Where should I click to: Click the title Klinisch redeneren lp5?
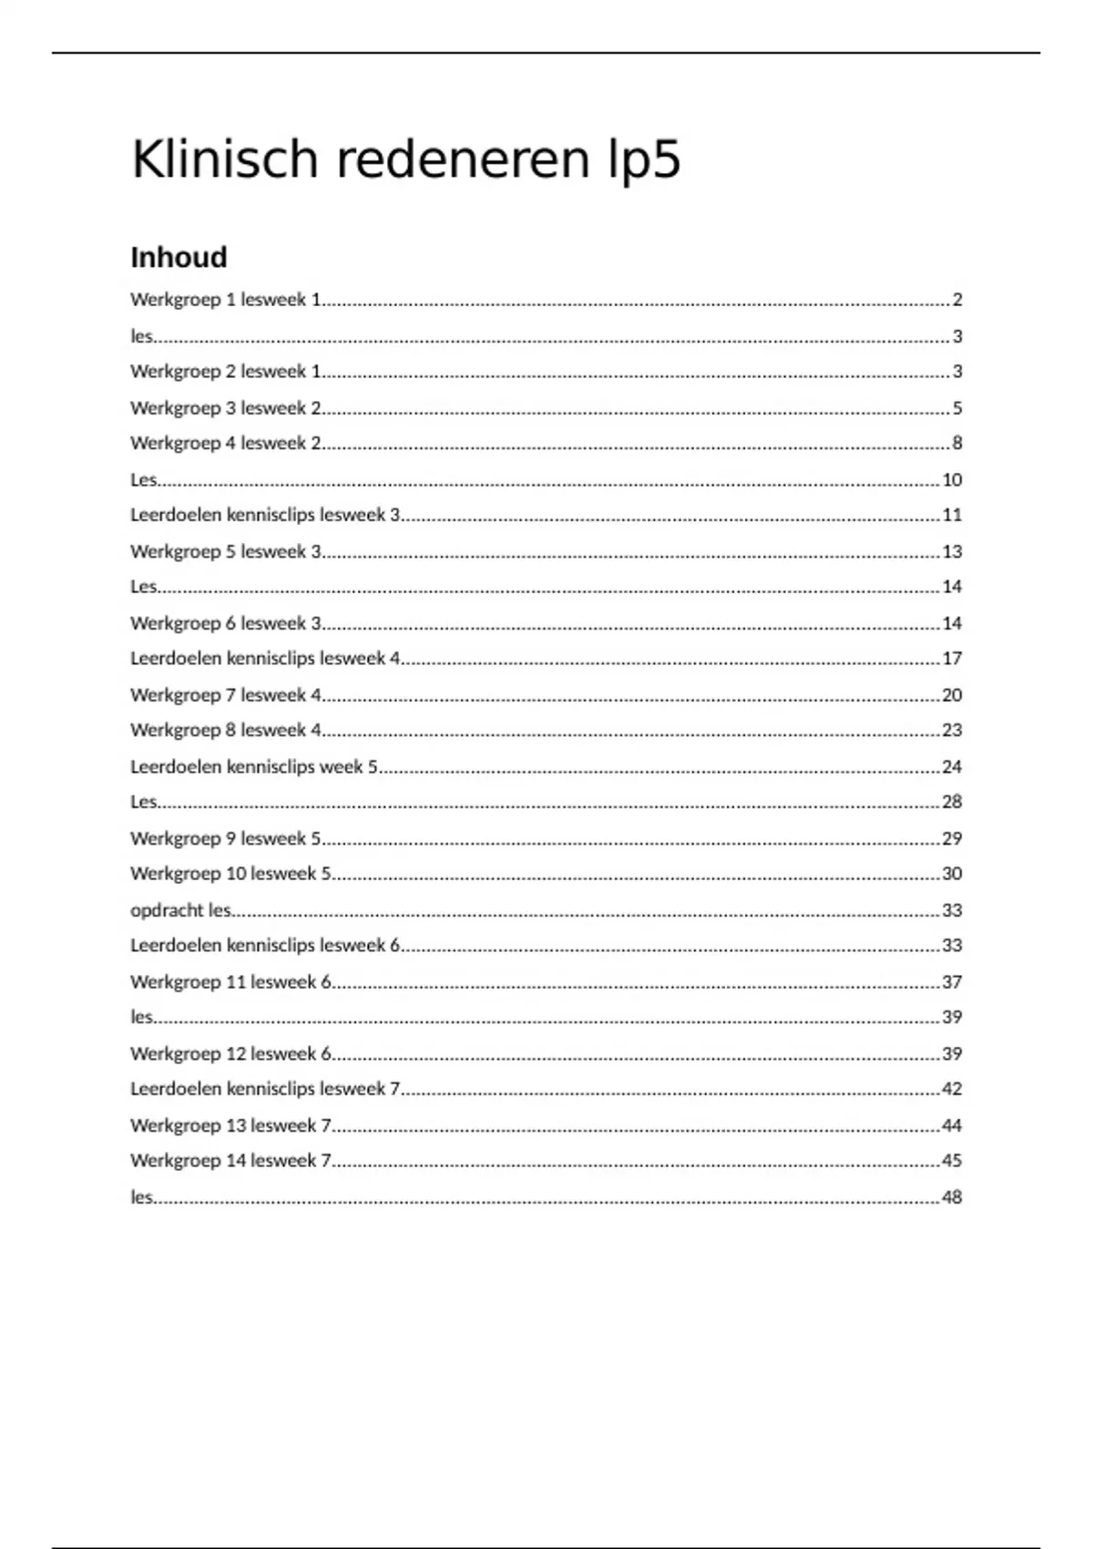coord(405,160)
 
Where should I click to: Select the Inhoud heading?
coord(179,258)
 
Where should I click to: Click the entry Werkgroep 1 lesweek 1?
coord(226,300)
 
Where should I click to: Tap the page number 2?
coord(956,300)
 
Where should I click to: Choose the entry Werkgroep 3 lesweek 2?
coord(226,408)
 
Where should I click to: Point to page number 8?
coord(956,444)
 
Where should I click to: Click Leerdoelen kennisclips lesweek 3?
coord(265,516)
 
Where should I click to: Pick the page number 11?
coord(952,516)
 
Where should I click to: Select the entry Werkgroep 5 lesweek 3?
coord(226,552)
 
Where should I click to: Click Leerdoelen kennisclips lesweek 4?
coord(265,659)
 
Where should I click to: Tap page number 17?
coord(952,659)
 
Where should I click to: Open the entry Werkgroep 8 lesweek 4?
coord(226,731)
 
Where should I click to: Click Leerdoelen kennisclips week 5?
coord(254,767)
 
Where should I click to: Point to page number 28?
coord(952,803)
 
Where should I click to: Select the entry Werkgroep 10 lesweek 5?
coord(230,874)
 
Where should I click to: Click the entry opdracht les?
coord(180,910)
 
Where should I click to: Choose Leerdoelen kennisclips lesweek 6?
coord(265,946)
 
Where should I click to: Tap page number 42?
coord(952,1089)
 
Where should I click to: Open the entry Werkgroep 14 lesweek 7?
coord(230,1161)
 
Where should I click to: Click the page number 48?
coord(952,1197)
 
